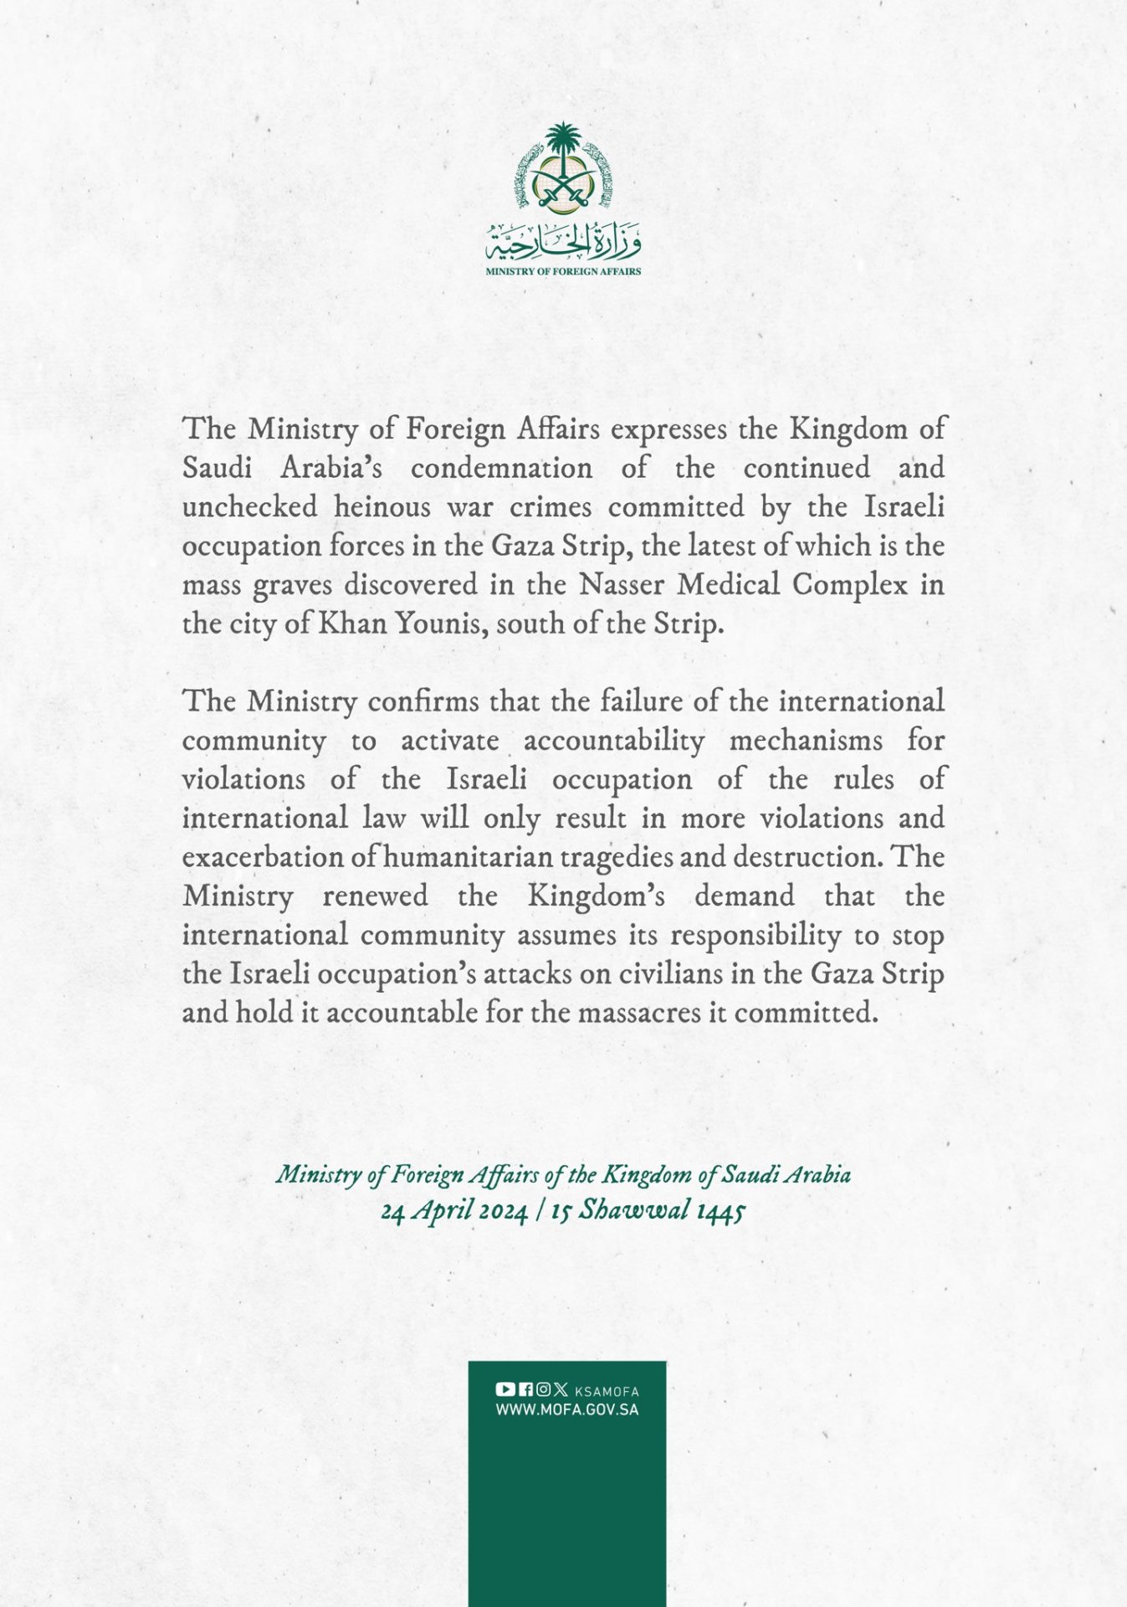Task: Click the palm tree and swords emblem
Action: coord(563,167)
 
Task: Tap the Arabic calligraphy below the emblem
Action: coord(563,243)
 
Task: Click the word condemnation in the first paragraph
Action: coord(501,467)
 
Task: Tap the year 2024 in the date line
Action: coord(498,1211)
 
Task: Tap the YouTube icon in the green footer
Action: coord(505,1389)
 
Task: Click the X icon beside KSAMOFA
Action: coord(561,1389)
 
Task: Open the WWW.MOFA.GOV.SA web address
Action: coord(567,1409)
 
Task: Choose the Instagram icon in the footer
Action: coord(543,1389)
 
